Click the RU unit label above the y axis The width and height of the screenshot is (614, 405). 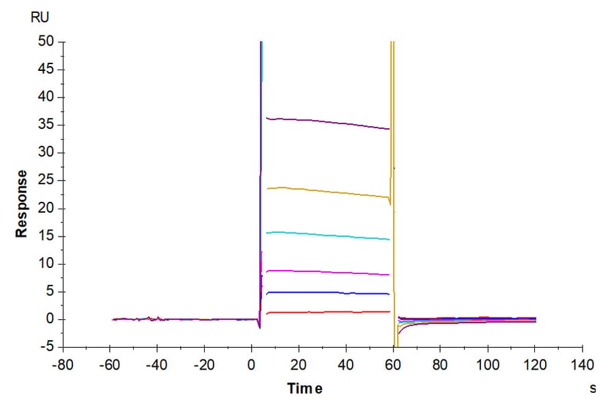(x=40, y=17)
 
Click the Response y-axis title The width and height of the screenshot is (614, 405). (x=23, y=203)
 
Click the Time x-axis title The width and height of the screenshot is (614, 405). (x=304, y=389)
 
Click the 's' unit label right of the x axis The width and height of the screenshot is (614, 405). (x=592, y=389)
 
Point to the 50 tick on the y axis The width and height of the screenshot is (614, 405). (x=46, y=42)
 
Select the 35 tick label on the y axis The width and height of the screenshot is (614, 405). (x=46, y=125)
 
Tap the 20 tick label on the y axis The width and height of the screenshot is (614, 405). (x=46, y=208)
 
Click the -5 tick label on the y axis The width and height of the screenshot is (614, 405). (x=48, y=347)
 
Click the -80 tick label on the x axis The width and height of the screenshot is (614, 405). (x=63, y=365)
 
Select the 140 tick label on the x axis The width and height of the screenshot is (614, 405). (x=582, y=365)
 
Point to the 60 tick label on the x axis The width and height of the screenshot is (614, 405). (x=394, y=365)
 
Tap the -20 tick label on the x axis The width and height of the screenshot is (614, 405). (x=204, y=365)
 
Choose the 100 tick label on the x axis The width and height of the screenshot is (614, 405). (x=487, y=365)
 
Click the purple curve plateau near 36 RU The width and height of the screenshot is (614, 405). (x=327, y=122)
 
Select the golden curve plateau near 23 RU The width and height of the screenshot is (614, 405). (x=327, y=192)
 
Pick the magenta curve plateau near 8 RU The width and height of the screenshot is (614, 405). (x=327, y=272)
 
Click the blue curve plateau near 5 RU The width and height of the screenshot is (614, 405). (x=327, y=292)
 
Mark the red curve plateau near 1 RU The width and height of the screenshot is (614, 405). (x=327, y=312)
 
